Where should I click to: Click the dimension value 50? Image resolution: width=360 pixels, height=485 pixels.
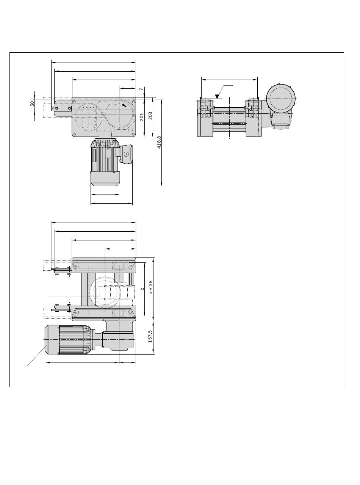click(x=32, y=104)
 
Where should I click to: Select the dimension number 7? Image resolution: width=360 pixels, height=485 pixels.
click(x=141, y=89)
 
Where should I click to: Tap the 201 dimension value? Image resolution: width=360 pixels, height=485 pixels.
click(x=142, y=117)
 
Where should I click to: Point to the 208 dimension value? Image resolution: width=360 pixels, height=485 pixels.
click(x=150, y=116)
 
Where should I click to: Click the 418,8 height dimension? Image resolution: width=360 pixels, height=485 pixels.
click(x=159, y=142)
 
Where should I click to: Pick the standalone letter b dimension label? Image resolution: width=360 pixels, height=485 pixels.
click(x=142, y=289)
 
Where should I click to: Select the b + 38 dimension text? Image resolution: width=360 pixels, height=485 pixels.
click(x=150, y=287)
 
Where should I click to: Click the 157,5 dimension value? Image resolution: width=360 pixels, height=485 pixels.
click(x=150, y=336)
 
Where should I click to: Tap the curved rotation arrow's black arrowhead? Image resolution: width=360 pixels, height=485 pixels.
click(x=124, y=105)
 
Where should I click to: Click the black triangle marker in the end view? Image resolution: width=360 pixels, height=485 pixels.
click(x=218, y=96)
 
